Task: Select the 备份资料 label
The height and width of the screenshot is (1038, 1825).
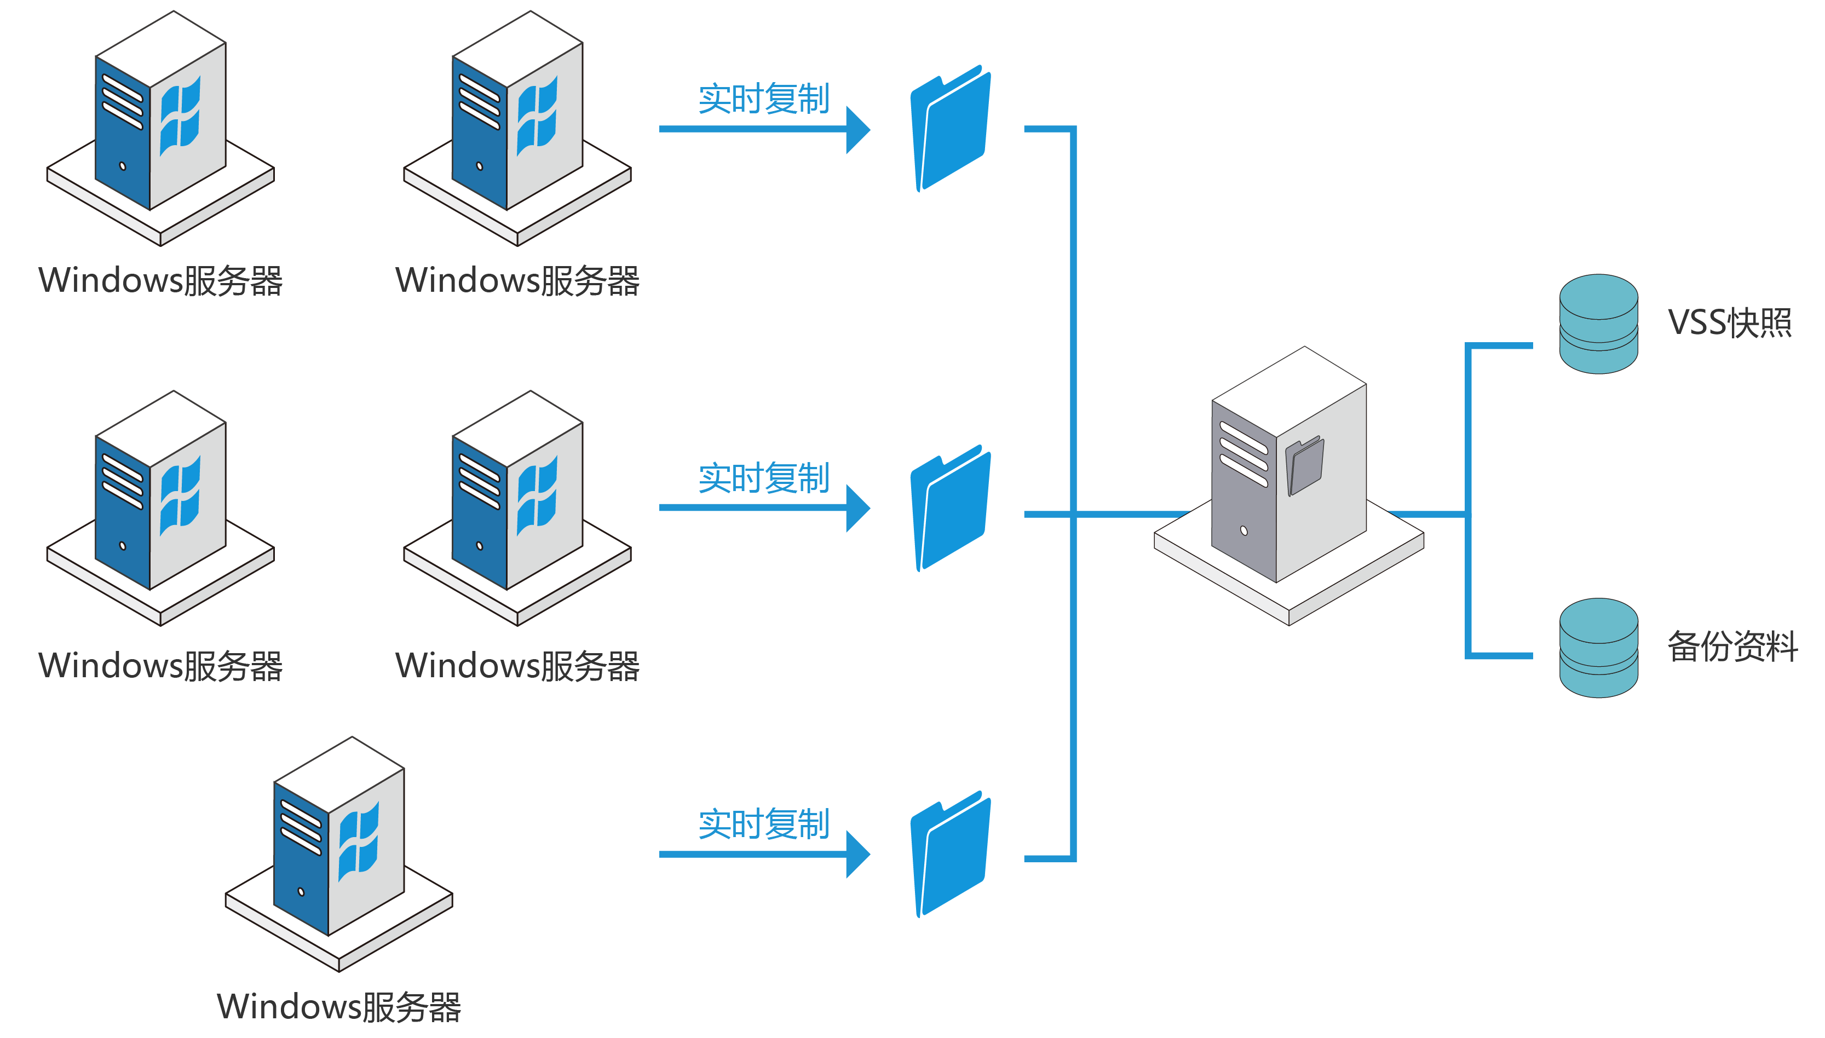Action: coord(1731,647)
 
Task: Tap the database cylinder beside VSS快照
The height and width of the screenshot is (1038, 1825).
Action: coord(1598,324)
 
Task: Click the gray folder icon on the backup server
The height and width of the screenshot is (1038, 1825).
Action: coord(1305,467)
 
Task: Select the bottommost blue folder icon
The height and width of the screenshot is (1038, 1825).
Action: coord(951,855)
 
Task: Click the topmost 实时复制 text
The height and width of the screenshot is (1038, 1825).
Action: coord(763,99)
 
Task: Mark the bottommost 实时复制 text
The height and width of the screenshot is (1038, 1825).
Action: coord(763,824)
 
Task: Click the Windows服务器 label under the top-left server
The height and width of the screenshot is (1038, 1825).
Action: coord(160,281)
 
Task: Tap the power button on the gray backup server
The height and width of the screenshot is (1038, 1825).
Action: coord(1244,530)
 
